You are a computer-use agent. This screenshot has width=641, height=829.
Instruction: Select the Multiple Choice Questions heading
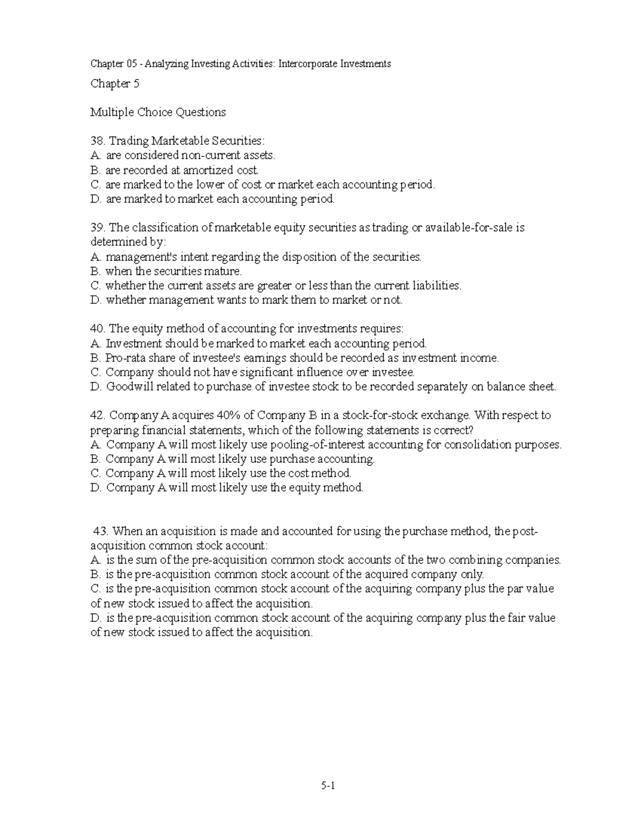[x=158, y=112]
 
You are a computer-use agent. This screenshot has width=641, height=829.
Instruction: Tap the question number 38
[x=97, y=141]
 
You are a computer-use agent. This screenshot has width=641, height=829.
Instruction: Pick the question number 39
[x=97, y=228]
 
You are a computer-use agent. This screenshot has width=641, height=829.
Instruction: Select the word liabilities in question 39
[x=432, y=286]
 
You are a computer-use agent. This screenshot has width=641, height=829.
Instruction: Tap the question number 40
[x=97, y=329]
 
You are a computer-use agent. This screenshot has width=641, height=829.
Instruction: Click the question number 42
[x=97, y=415]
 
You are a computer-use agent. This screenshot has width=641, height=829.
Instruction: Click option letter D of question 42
[x=96, y=488]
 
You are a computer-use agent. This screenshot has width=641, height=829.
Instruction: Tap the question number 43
[x=101, y=532]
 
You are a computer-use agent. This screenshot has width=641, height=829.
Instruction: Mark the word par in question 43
[x=515, y=589]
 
